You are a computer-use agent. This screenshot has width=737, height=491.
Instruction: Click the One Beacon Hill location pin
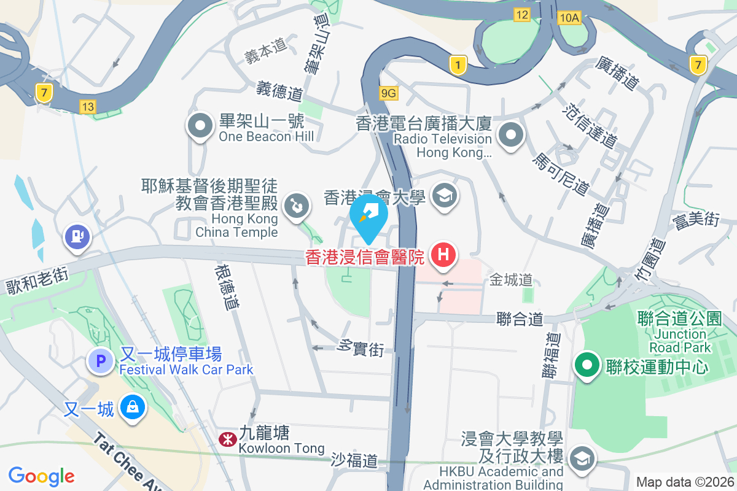pyautogui.click(x=200, y=127)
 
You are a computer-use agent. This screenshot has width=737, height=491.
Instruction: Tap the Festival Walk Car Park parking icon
pyautogui.click(x=101, y=360)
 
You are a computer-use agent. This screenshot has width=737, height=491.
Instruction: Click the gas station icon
pyautogui.click(x=77, y=236)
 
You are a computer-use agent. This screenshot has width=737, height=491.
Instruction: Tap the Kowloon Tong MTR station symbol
pyautogui.click(x=226, y=438)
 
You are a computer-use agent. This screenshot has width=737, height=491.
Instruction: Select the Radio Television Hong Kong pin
pyautogui.click(x=510, y=135)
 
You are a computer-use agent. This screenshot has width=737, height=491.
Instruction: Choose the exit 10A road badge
pyautogui.click(x=569, y=18)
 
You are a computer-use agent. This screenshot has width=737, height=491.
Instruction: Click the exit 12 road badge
pyautogui.click(x=522, y=15)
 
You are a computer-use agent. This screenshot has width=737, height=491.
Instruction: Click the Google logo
pyautogui.click(x=41, y=476)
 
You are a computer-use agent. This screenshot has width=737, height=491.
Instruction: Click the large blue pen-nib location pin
pyautogui.click(x=368, y=215)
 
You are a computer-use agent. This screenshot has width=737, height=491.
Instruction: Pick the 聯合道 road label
pyautogui.click(x=520, y=319)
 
